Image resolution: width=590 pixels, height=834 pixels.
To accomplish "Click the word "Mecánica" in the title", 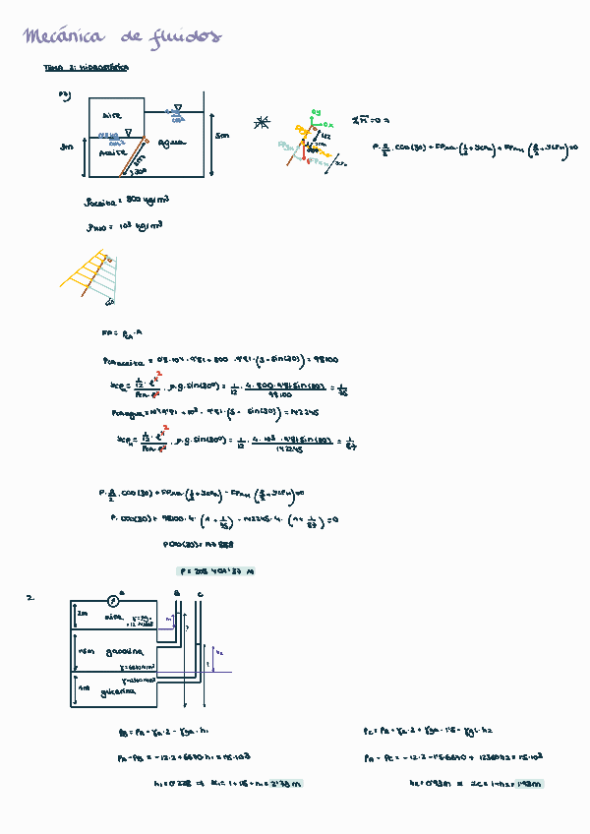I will [64, 37].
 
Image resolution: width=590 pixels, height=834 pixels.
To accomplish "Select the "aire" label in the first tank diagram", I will [111, 116].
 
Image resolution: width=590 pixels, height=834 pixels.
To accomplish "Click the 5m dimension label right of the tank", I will [222, 136].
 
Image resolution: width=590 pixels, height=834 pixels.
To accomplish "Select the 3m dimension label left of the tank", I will [66, 147].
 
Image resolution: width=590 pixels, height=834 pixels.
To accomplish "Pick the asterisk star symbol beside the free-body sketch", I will [261, 122].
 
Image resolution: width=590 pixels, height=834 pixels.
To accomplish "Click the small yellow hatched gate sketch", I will [90, 274].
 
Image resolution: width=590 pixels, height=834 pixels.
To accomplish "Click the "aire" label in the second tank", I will [112, 619].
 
